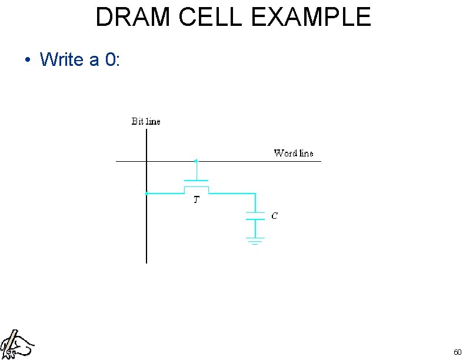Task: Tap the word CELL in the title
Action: tap(211, 18)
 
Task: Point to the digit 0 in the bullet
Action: tap(110, 59)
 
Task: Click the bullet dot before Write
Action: tap(28, 59)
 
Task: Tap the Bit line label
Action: tap(145, 122)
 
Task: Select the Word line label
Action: tap(294, 153)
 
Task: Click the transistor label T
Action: tap(196, 200)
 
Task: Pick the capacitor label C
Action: tap(275, 216)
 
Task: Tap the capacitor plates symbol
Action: tap(255, 215)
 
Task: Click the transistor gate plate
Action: tap(197, 181)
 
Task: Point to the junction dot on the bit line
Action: tap(147, 193)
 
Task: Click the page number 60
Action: tap(457, 352)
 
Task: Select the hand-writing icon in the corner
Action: tap(16, 344)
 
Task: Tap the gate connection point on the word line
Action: tap(197, 161)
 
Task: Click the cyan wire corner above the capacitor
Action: tap(255, 193)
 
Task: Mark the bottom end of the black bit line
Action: tap(147, 262)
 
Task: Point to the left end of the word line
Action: tap(117, 161)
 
